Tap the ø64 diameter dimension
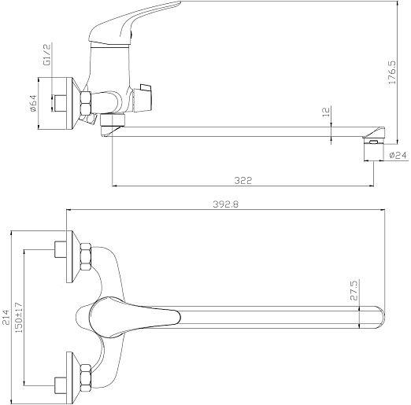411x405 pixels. click(34, 103)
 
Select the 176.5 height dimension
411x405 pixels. click(392, 72)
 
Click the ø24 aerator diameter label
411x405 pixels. click(398, 155)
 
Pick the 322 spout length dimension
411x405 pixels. click(243, 181)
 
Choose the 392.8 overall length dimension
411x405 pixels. click(226, 204)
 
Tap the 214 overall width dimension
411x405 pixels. click(6, 317)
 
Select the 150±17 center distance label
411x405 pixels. click(19, 317)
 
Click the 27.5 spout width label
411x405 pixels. click(354, 290)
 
